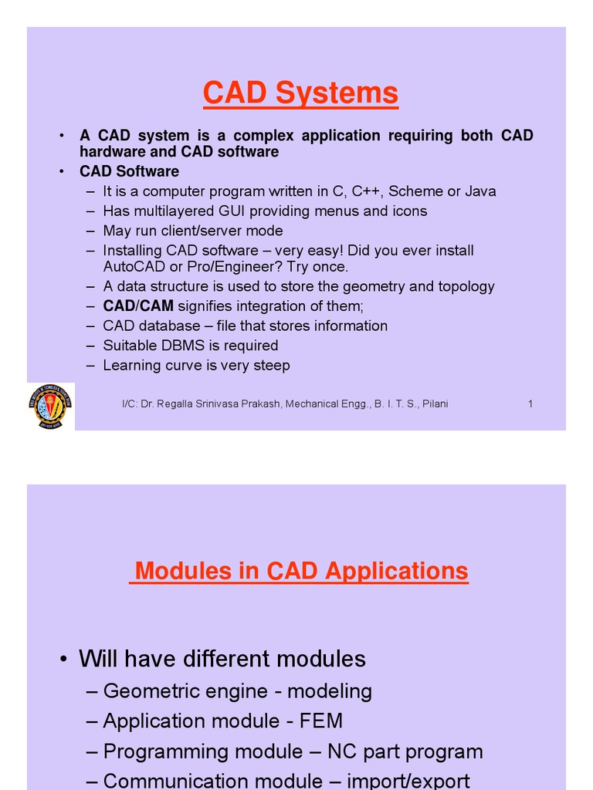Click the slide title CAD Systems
300,93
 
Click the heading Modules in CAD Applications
301,571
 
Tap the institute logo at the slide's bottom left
51,407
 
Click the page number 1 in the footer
530,403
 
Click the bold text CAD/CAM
138,306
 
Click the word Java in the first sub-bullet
480,191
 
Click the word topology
467,286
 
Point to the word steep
273,366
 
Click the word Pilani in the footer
434,403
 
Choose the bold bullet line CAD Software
129,171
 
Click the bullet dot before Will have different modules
63,660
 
